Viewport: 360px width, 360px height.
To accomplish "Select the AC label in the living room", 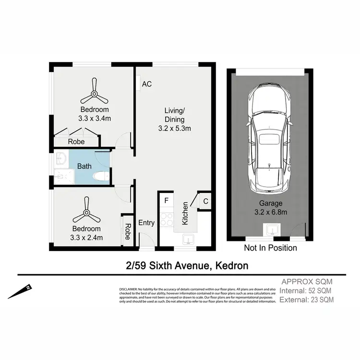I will tap(147, 84).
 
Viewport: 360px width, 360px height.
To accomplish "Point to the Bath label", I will tap(84, 166).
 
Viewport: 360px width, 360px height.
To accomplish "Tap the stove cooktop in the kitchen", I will tap(166, 219).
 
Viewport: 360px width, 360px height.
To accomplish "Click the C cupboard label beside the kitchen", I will tap(205, 201).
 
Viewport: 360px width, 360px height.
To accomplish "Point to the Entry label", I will tap(146, 223).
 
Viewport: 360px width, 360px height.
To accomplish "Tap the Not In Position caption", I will tap(270, 248).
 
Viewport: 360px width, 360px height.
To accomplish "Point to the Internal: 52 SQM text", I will tap(306, 290).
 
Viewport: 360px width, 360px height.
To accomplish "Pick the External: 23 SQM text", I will tap(307, 300).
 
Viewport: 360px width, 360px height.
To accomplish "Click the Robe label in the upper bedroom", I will tap(76, 142).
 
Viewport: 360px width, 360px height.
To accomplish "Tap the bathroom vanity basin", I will tap(61, 158).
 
